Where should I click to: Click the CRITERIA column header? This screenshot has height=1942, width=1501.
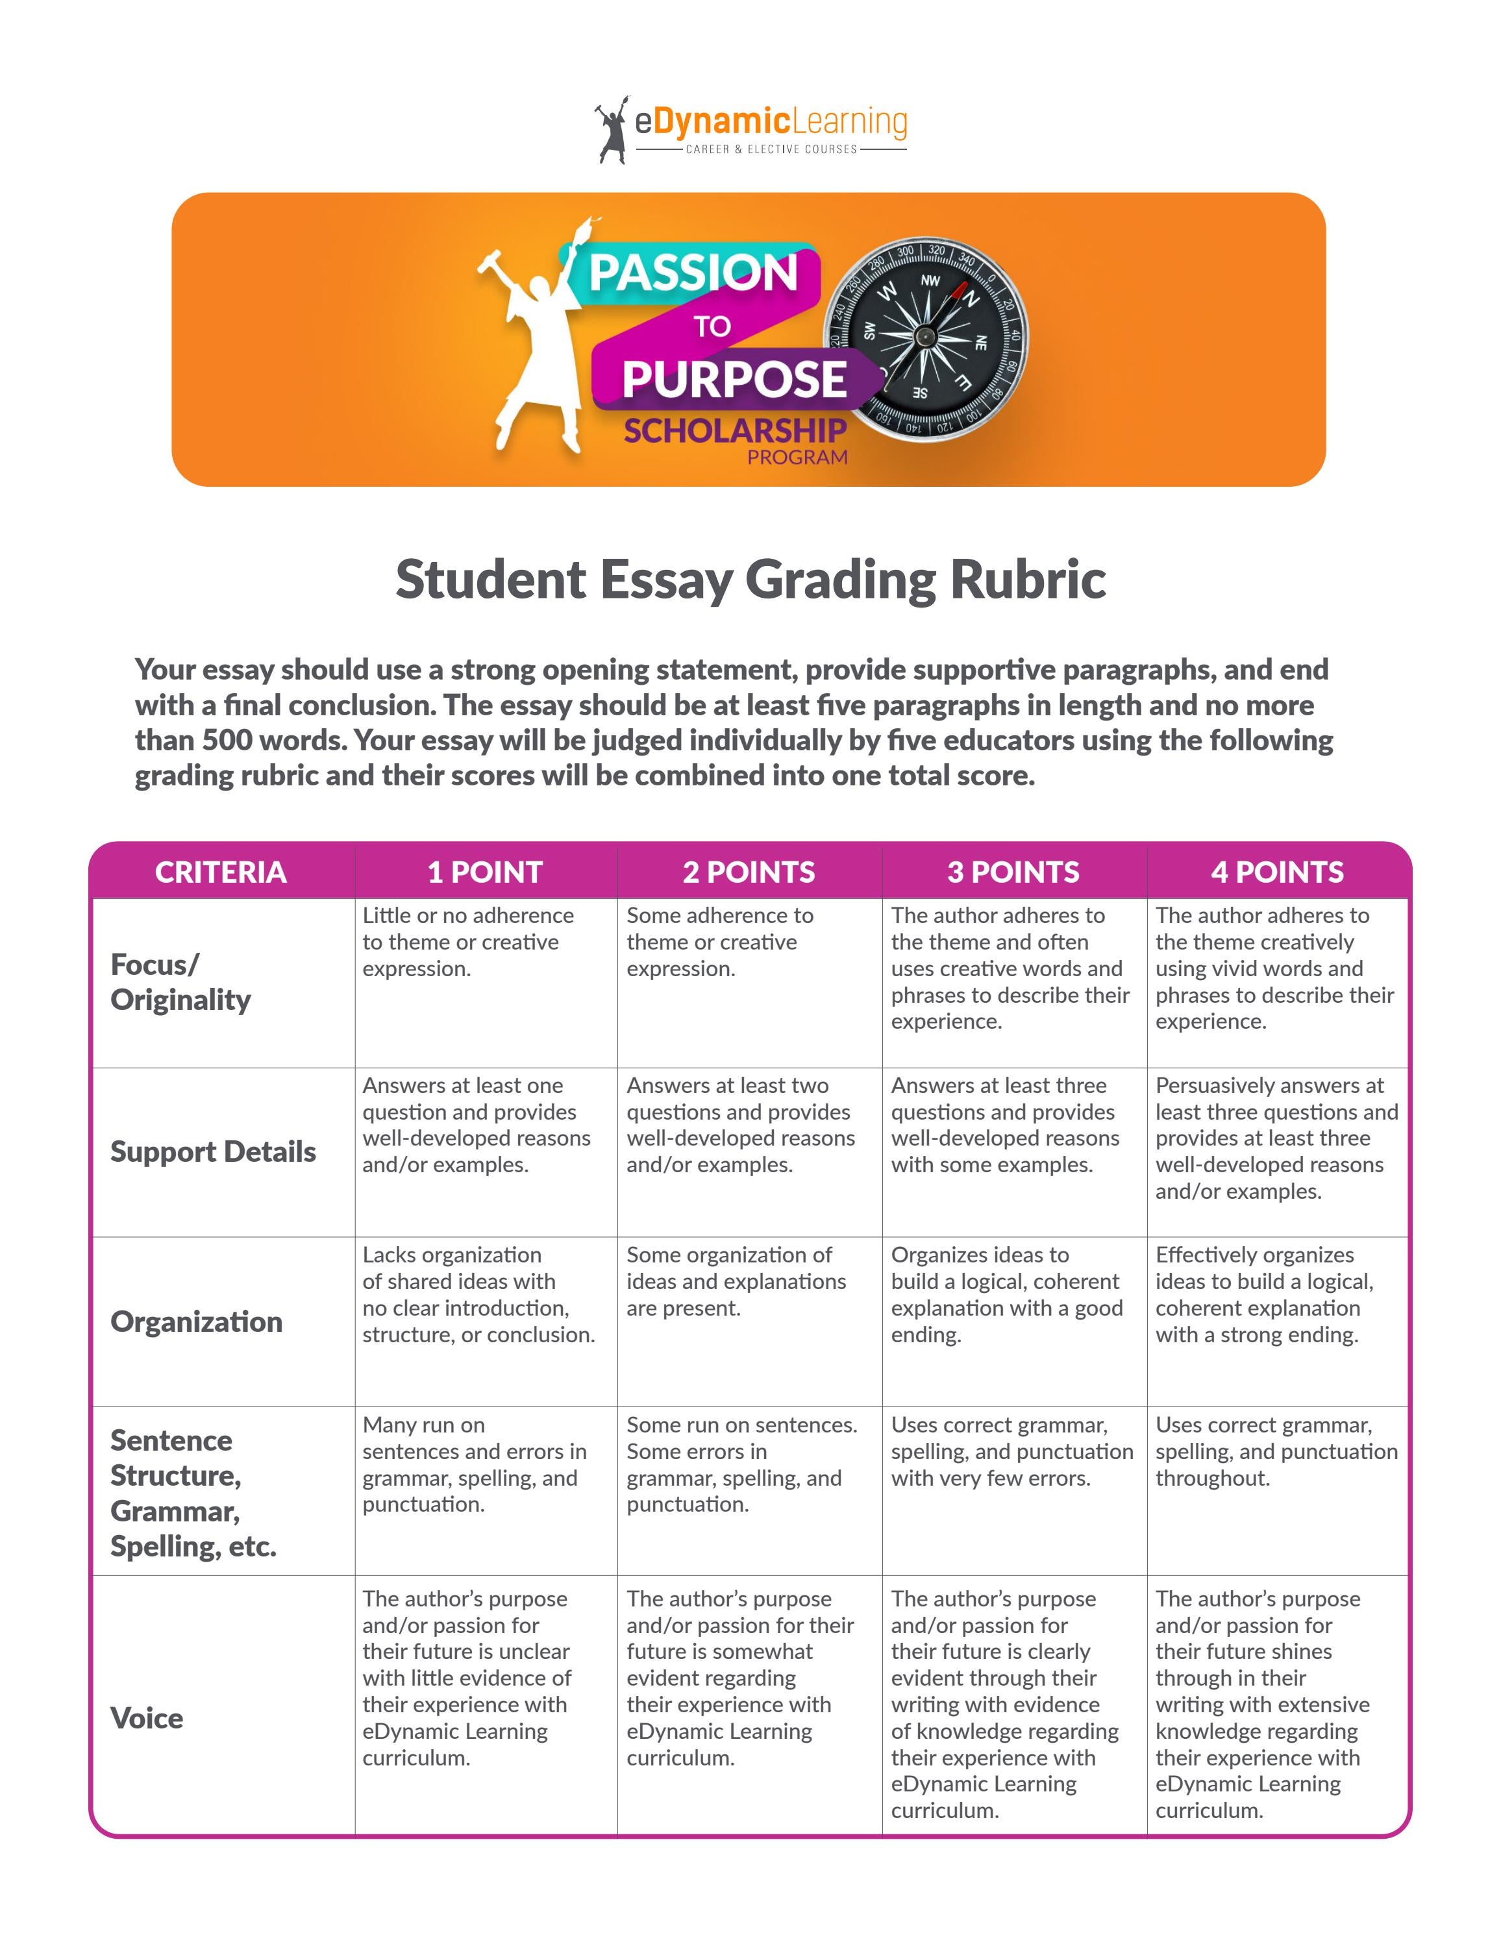(x=221, y=872)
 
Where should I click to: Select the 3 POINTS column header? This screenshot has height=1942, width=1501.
(x=1013, y=872)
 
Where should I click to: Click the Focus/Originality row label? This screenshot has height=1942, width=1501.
(x=180, y=981)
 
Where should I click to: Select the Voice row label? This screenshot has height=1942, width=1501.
(x=147, y=1718)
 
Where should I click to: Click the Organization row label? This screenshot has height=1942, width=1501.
(x=197, y=1321)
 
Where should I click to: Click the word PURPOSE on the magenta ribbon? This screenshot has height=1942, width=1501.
(x=734, y=380)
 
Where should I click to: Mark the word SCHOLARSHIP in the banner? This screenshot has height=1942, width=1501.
(x=734, y=431)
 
